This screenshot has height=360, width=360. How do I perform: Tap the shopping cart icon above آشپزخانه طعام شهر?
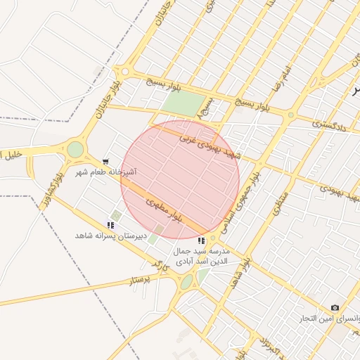pyautogui.click(x=105, y=161)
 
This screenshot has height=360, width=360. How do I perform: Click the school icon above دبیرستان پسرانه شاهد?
pyautogui.click(x=110, y=225)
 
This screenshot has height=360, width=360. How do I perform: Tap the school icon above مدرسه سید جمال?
pyautogui.click(x=202, y=240)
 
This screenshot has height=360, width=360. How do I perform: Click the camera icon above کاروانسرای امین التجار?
pyautogui.click(x=335, y=308)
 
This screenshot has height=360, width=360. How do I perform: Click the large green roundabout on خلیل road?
pyautogui.click(x=75, y=149)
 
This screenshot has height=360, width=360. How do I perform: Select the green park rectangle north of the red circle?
pyautogui.click(x=182, y=104)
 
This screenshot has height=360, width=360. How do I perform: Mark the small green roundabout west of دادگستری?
pyautogui.click(x=290, y=115)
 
